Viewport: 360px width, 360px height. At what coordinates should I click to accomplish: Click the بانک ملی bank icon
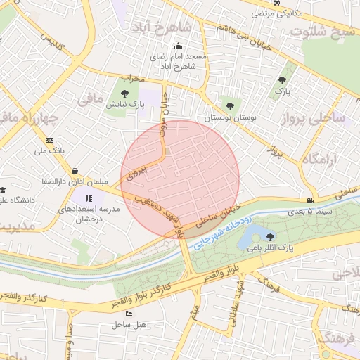coord(49,140)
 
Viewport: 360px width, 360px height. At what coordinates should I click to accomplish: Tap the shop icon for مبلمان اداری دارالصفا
coord(75,171)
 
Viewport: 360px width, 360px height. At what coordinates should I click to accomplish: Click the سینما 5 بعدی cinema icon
coord(310,201)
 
